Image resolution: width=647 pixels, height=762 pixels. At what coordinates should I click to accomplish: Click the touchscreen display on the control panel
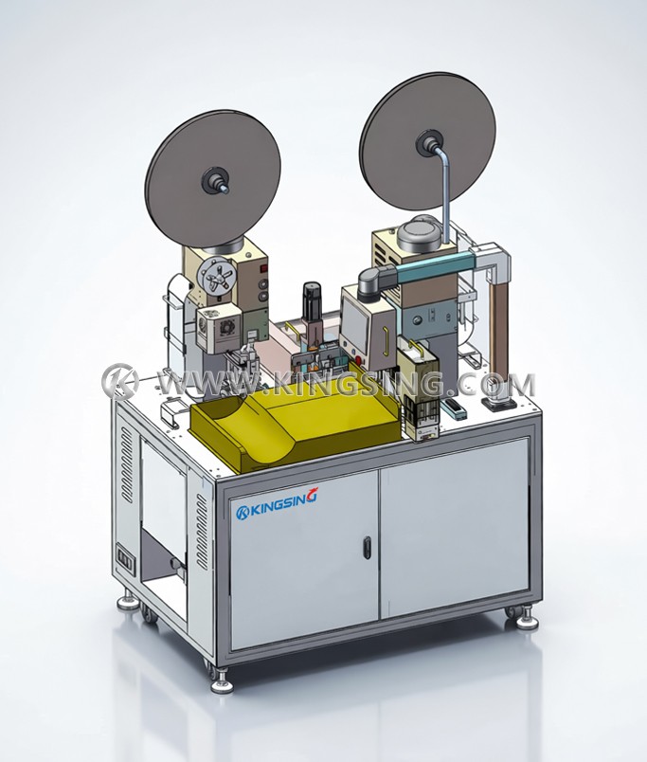pyautogui.click(x=355, y=320)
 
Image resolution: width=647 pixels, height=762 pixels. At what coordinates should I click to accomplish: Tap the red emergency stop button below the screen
pyautogui.click(x=359, y=359)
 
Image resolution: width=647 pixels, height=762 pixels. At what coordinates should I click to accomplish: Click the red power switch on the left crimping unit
pyautogui.click(x=263, y=267)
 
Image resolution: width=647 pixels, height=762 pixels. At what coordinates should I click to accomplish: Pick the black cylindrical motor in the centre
pyautogui.click(x=311, y=297)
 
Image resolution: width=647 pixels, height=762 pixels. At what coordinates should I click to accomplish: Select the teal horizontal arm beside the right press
pyautogui.click(x=427, y=266)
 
